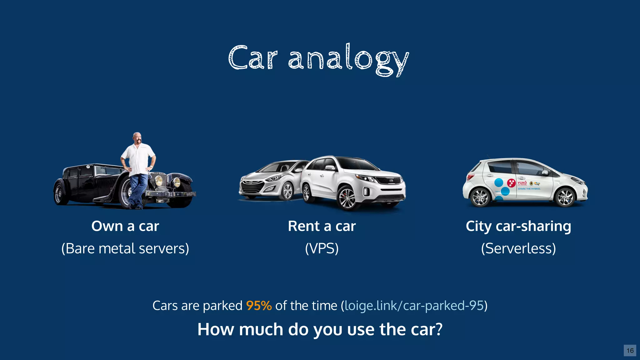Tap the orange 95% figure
259,306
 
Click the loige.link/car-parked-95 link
414,306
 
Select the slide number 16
630,350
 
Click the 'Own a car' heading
125,226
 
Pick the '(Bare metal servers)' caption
125,249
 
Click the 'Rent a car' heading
322,226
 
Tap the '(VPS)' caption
322,249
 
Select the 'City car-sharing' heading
518,226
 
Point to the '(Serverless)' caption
518,249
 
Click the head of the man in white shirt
137,137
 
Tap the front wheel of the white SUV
347,198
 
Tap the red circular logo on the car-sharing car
511,183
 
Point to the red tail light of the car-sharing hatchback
469,177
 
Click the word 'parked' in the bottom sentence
222,306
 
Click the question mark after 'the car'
439,329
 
